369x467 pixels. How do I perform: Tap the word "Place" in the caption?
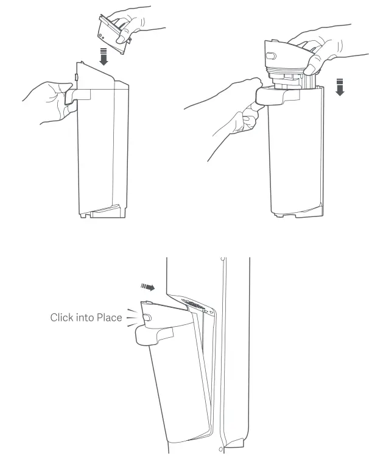pyautogui.click(x=109, y=317)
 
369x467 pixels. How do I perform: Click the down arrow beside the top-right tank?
pyautogui.click(x=340, y=88)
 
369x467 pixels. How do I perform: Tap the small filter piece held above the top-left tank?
pyautogui.click(x=113, y=34)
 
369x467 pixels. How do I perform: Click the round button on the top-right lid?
pyautogui.click(x=272, y=55)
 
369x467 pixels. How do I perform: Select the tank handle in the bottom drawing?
pyautogui.click(x=152, y=333)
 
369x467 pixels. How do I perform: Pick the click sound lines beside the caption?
pyautogui.click(x=130, y=317)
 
